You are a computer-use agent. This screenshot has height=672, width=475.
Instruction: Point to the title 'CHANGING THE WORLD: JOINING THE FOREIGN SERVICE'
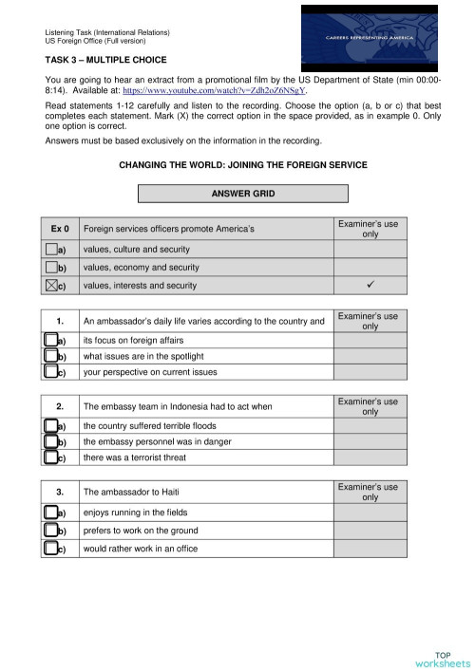click(242, 165)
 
